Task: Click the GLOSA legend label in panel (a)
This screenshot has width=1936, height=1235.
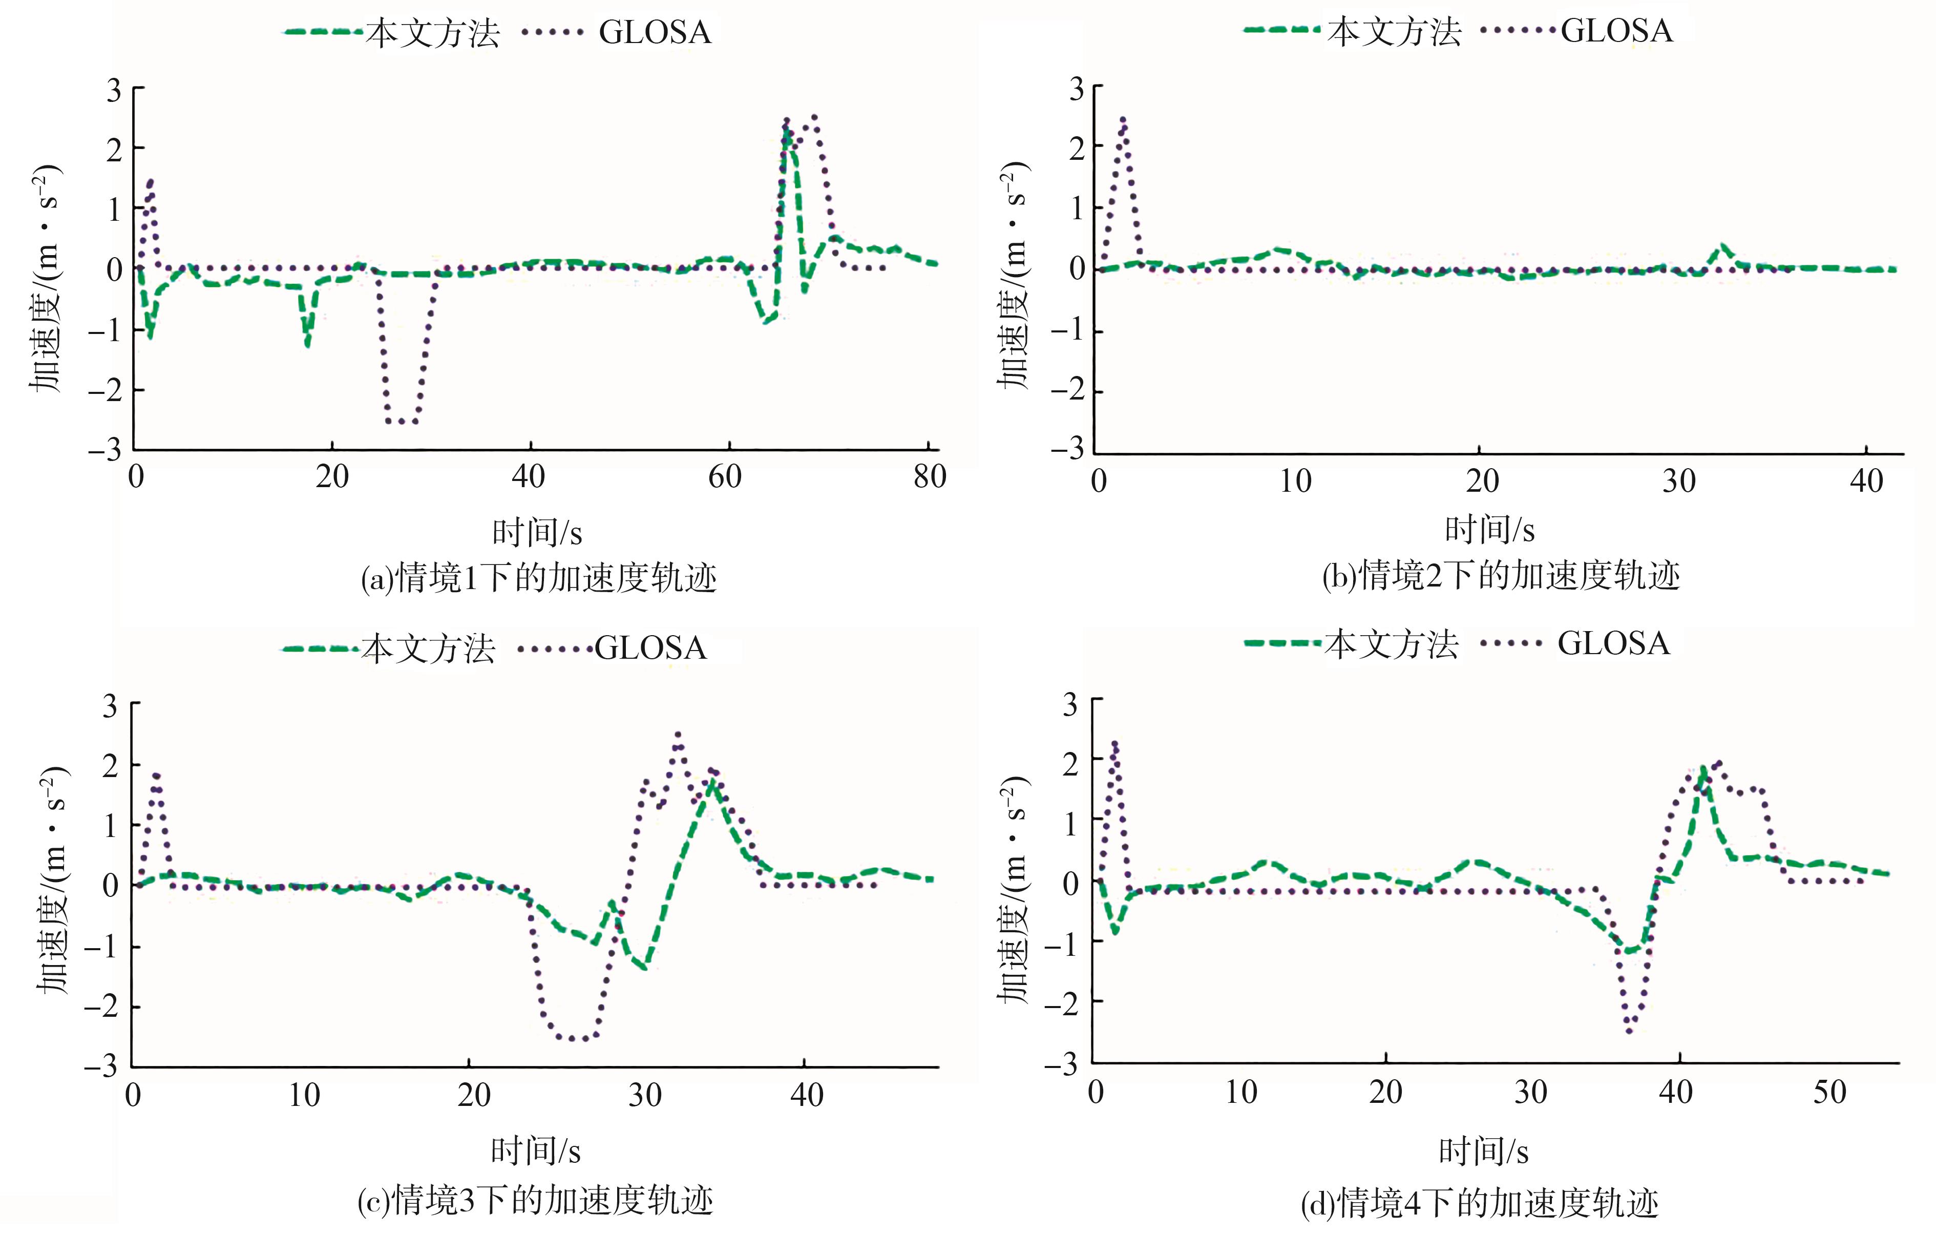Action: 655,33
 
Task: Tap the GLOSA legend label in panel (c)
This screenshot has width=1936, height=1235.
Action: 650,648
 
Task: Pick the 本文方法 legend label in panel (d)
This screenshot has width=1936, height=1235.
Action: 1391,644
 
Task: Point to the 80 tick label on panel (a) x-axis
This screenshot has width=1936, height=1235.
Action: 930,477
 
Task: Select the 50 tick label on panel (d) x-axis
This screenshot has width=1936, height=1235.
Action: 1829,1092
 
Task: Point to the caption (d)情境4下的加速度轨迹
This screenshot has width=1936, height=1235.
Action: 1479,1203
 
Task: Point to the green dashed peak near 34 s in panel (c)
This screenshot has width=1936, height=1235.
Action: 711,782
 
